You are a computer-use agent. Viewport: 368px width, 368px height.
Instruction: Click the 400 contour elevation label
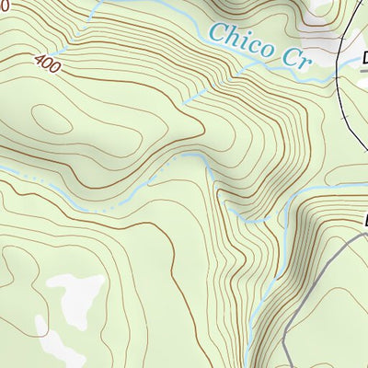pos(48,63)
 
